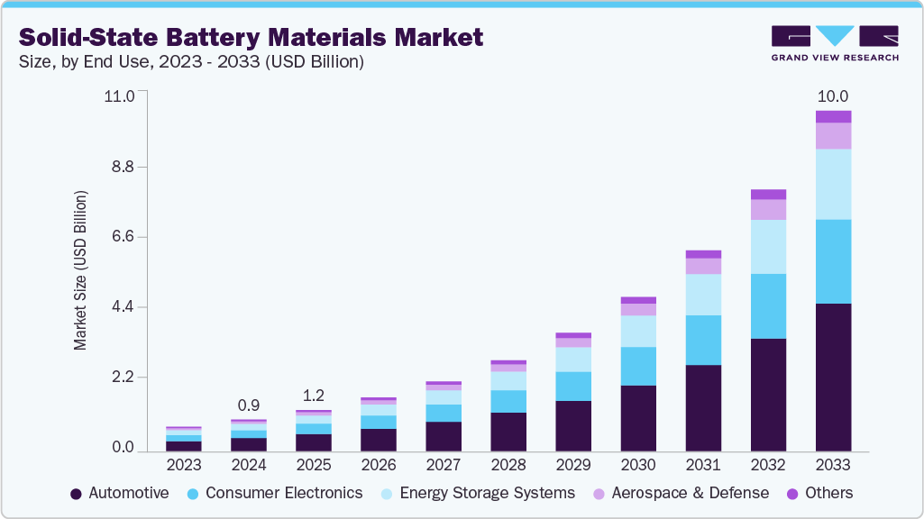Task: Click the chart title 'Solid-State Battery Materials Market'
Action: click(x=251, y=37)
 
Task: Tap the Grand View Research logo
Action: click(x=834, y=42)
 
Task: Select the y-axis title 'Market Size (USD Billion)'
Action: click(x=80, y=270)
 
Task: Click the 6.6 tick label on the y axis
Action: click(x=120, y=237)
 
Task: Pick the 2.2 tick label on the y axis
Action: click(x=120, y=378)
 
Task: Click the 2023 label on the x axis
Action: click(x=184, y=465)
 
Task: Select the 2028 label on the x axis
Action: click(x=508, y=465)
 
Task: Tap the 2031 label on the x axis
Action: click(x=703, y=465)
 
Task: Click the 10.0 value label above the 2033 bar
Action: click(x=832, y=96)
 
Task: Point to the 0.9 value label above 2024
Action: click(x=249, y=405)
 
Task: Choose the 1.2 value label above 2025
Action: click(x=314, y=396)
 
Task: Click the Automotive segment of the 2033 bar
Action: click(x=833, y=377)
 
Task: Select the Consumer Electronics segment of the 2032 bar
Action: click(x=768, y=306)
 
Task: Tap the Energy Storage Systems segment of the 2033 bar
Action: click(x=833, y=184)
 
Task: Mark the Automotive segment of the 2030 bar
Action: click(x=638, y=418)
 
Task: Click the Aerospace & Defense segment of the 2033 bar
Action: click(x=833, y=135)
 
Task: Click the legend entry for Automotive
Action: click(x=120, y=493)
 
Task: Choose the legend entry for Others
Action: click(x=820, y=493)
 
